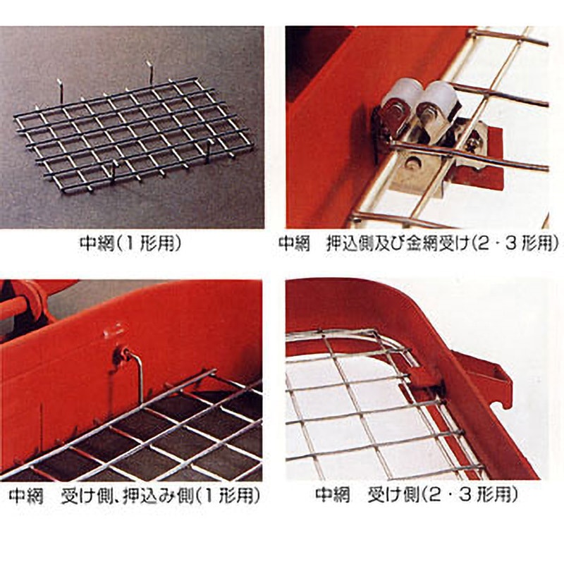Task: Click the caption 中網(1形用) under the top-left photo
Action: (x=130, y=244)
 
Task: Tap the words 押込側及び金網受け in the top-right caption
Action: (x=398, y=244)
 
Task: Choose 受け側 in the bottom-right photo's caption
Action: (x=393, y=496)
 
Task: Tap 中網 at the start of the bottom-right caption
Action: (x=333, y=496)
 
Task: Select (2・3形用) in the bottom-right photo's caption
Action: (x=470, y=496)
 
